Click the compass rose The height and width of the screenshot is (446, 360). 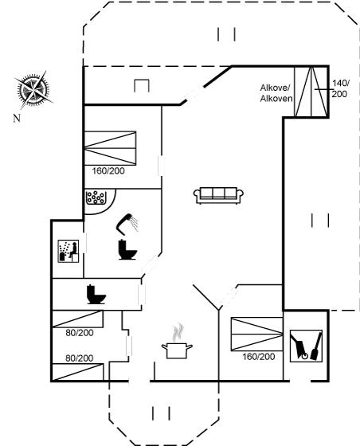pyautogui.click(x=33, y=90)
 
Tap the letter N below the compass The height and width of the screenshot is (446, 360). pyautogui.click(x=17, y=118)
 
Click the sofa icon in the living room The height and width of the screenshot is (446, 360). pyautogui.click(x=218, y=195)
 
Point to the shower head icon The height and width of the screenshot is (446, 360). pyautogui.click(x=127, y=223)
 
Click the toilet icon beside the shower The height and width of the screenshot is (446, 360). pyautogui.click(x=127, y=250)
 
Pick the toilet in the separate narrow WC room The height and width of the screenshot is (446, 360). pyautogui.click(x=96, y=295)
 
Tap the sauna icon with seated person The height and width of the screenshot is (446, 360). pyautogui.click(x=68, y=251)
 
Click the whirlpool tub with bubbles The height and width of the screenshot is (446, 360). pyautogui.click(x=96, y=198)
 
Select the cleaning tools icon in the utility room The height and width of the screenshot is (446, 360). pyautogui.click(x=306, y=346)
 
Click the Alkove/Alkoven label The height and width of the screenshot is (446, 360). pyautogui.click(x=276, y=93)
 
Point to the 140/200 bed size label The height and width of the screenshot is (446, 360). pyautogui.click(x=340, y=88)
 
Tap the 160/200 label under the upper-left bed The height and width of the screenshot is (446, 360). pyautogui.click(x=108, y=171)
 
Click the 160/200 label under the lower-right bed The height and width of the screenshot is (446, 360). pyautogui.click(x=259, y=357)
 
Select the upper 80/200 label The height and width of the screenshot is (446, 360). pyautogui.click(x=80, y=333)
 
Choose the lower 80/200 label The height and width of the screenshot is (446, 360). pyautogui.click(x=80, y=358)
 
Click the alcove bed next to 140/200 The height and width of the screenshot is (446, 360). pyautogui.click(x=311, y=92)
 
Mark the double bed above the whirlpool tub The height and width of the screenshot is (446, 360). pyautogui.click(x=110, y=148)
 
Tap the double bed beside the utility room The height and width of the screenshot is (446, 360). pyautogui.click(x=256, y=334)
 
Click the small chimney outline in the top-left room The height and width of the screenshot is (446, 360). pyautogui.click(x=142, y=86)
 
